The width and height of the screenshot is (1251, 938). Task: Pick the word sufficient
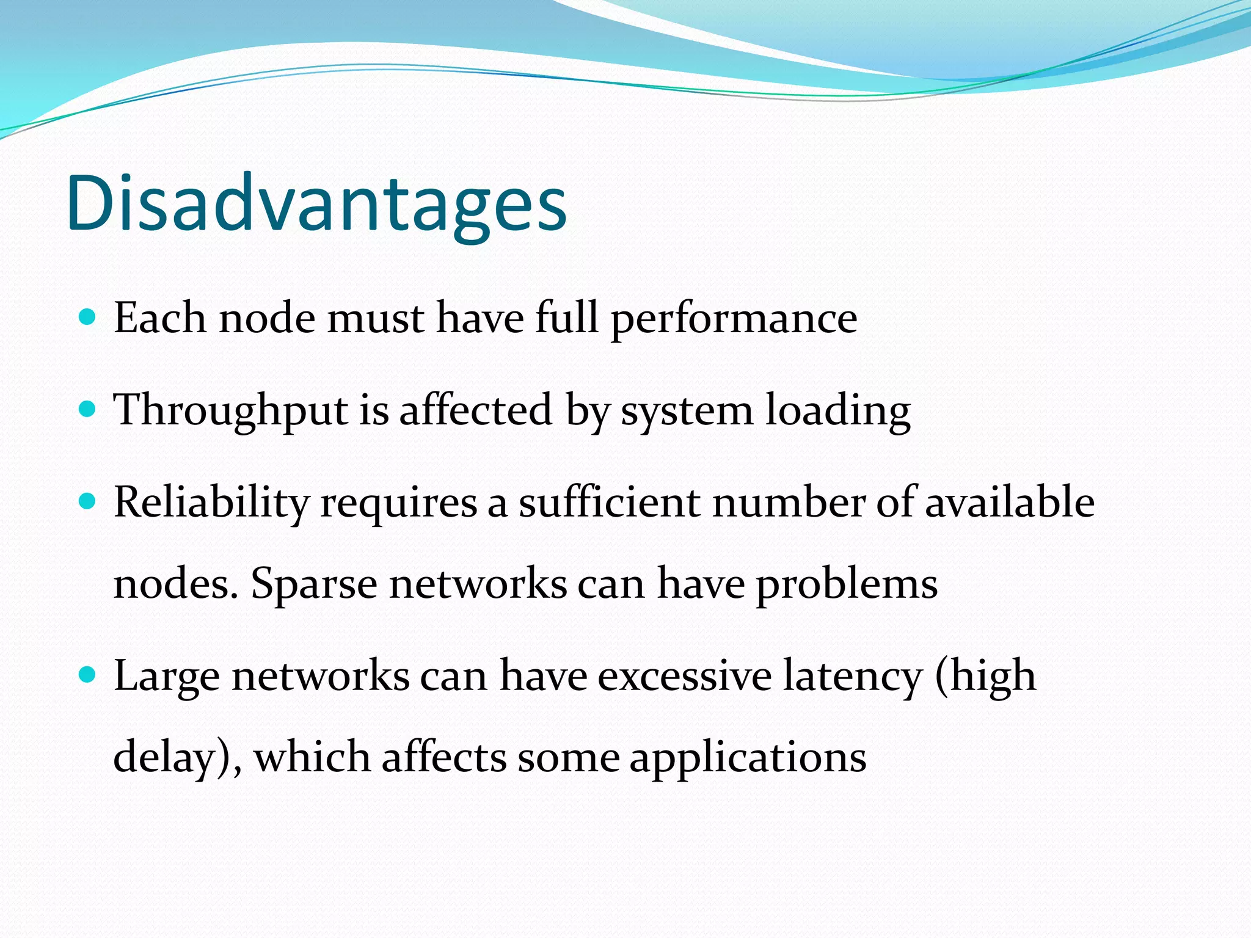610,502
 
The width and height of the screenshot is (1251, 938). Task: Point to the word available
1009,502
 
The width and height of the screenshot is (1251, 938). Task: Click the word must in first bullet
375,319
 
